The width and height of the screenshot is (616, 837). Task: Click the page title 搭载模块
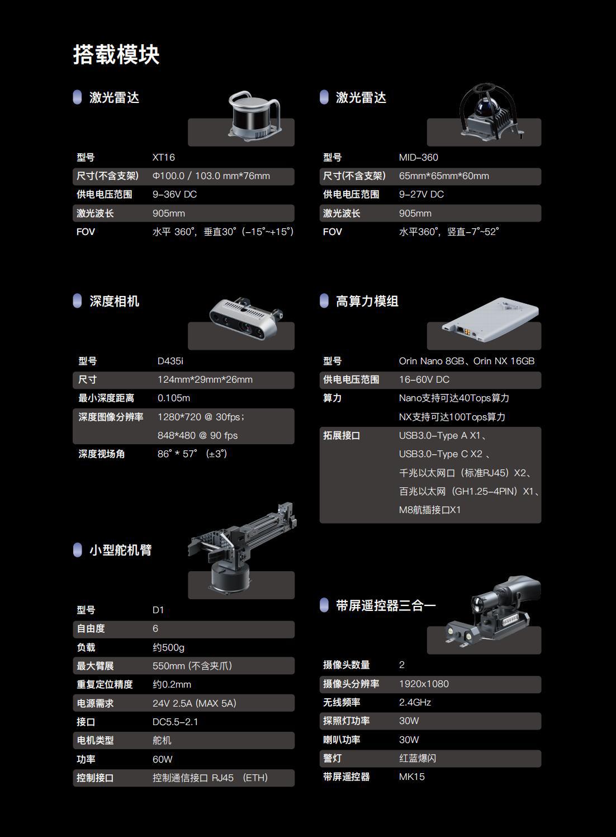pos(116,55)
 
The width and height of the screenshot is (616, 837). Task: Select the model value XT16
pos(163,157)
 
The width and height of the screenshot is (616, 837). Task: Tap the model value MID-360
pos(418,157)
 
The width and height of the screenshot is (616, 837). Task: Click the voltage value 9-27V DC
pos(421,194)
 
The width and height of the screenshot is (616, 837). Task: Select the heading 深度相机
pos(114,301)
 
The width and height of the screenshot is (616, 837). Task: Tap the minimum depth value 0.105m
pos(173,398)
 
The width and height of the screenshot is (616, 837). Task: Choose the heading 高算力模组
pos(367,301)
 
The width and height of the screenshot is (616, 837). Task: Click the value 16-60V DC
pos(424,379)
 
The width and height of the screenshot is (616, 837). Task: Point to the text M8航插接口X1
pos(429,510)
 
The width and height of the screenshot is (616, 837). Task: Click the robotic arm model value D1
pos(158,610)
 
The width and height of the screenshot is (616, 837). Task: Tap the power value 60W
pos(162,759)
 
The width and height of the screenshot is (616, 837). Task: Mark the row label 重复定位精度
pos(105,684)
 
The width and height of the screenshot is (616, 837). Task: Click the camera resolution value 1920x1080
pos(423,684)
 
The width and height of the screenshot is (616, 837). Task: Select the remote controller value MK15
pos(411,777)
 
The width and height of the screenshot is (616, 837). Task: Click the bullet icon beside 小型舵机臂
pos(78,550)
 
